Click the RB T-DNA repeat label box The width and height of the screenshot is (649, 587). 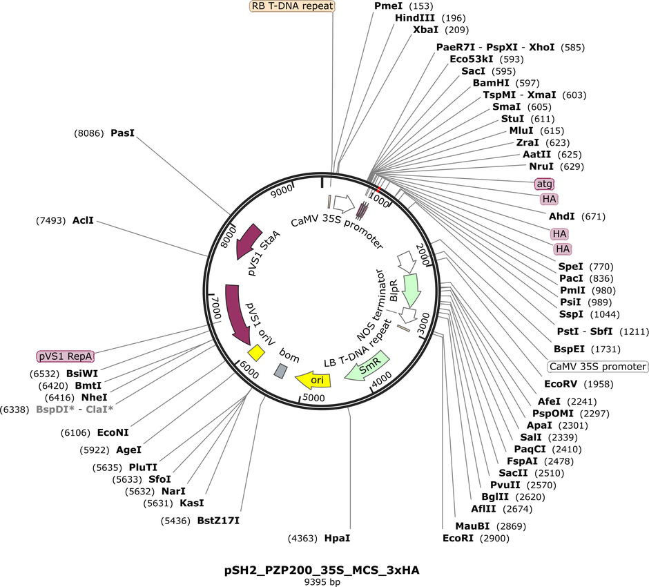tap(292, 6)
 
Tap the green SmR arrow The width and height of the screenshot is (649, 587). tap(367, 366)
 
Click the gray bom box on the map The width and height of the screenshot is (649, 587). tap(280, 370)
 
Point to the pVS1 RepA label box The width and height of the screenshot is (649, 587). tap(66, 356)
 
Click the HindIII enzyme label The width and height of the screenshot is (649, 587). tap(415, 18)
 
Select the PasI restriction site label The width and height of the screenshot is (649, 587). tap(122, 133)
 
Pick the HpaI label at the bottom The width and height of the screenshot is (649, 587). tap(337, 538)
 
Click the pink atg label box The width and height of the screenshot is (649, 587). tap(544, 184)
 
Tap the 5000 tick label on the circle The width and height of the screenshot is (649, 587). tap(313, 398)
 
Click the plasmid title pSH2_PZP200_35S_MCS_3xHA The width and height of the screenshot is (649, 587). tap(322, 570)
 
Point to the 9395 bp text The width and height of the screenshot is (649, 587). tap(322, 582)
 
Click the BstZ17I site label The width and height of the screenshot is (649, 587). tap(218, 520)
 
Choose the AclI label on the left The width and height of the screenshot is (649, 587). tap(83, 220)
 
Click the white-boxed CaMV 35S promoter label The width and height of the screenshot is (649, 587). tap(598, 367)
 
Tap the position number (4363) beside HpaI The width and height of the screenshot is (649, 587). tap(302, 538)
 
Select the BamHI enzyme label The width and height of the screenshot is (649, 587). tap(491, 83)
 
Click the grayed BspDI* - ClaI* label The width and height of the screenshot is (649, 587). tap(75, 410)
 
